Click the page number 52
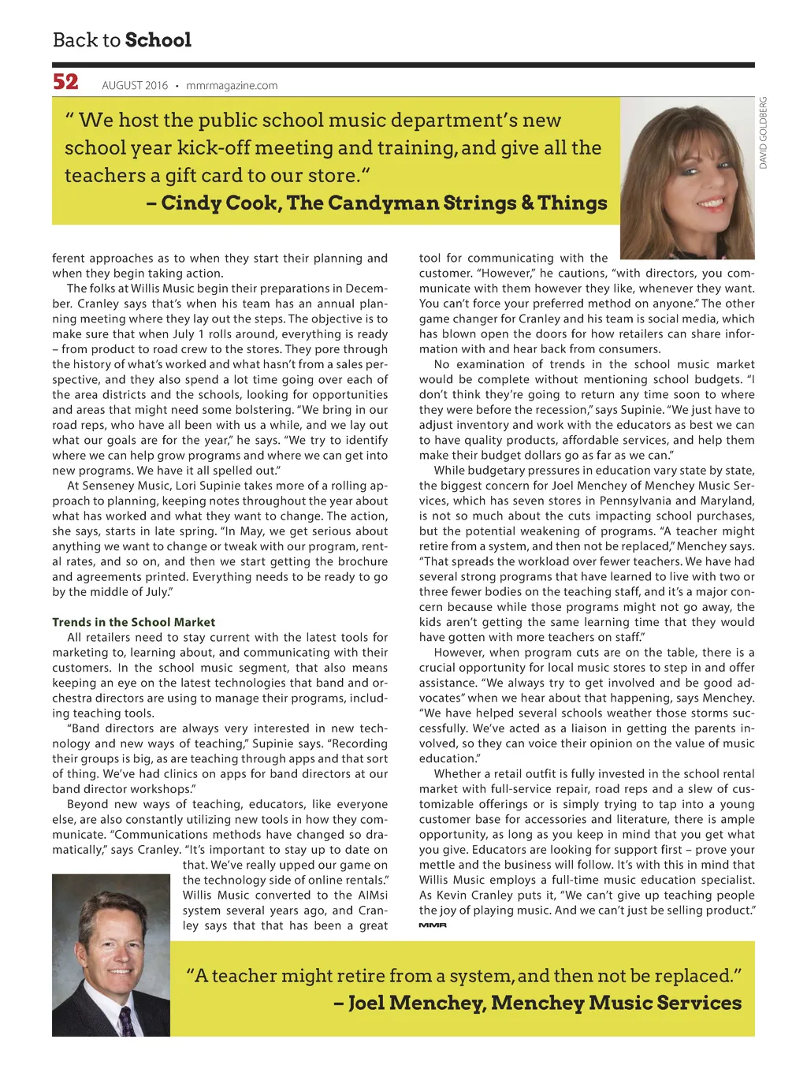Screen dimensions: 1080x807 [x=65, y=82]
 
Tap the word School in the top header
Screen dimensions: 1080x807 [x=158, y=39]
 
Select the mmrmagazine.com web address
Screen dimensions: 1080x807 [x=232, y=85]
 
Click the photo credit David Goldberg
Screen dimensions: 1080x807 [x=763, y=132]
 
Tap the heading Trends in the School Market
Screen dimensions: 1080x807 [x=133, y=622]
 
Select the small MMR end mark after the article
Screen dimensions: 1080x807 [x=433, y=925]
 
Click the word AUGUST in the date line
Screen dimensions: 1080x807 [x=123, y=85]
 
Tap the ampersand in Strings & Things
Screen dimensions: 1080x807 [x=527, y=203]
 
